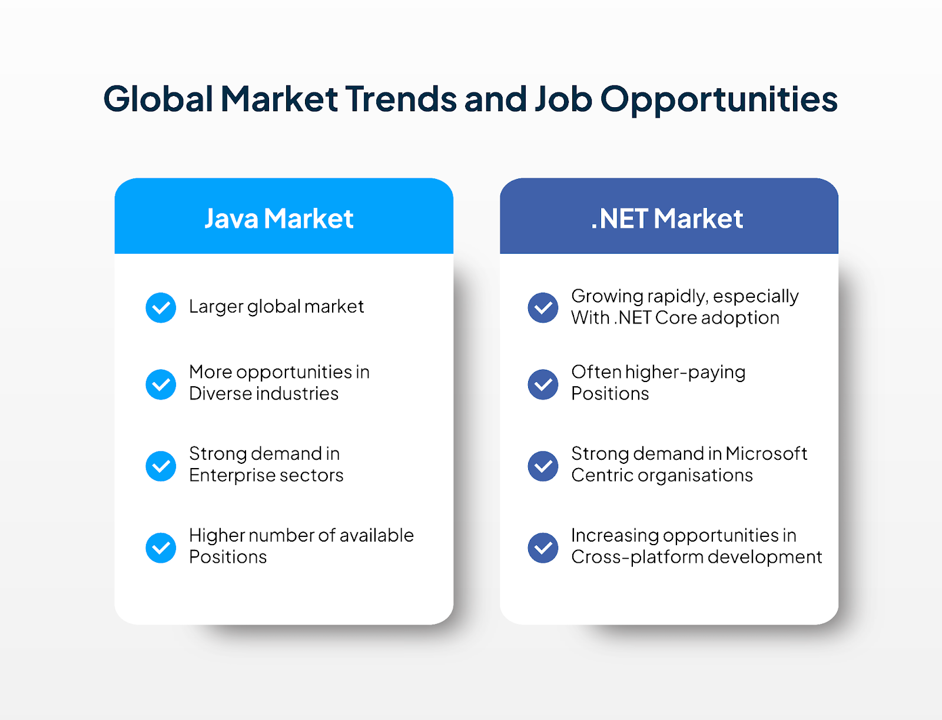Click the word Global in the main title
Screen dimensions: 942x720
coord(158,99)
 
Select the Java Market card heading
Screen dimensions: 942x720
coord(279,218)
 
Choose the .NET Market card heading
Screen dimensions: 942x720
coord(667,218)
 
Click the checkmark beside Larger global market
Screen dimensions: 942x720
coord(161,308)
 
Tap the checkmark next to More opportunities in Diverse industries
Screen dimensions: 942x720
coord(161,384)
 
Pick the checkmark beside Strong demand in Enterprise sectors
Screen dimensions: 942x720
coord(161,466)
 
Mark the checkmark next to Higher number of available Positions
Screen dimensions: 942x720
coord(161,548)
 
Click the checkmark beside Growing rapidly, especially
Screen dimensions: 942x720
coord(543,308)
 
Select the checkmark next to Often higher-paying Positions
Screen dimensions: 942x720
coord(543,384)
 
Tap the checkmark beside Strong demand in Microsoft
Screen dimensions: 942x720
coord(543,466)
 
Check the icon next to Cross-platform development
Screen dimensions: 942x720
coord(543,548)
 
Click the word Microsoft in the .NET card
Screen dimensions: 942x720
coord(767,453)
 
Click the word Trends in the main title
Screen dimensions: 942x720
coord(402,99)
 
